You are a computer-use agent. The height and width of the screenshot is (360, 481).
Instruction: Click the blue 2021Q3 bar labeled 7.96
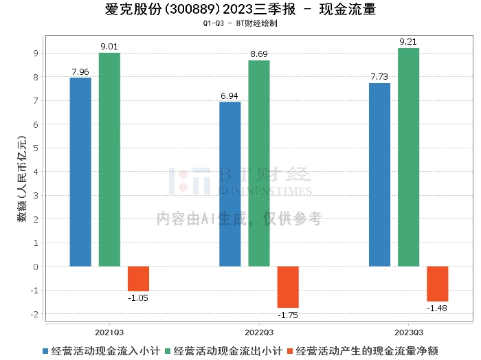80,172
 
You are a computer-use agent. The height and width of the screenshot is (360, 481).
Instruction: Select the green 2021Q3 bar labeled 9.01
109,159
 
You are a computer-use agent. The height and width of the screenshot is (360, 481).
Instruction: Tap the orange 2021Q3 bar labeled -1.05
138,278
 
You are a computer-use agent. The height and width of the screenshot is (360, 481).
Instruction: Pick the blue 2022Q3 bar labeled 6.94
230,184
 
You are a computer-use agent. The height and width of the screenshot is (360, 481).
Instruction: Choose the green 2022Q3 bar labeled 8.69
259,164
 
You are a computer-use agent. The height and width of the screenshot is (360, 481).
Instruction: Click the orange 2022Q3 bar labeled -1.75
288,286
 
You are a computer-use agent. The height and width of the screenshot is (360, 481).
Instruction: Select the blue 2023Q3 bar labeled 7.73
379,175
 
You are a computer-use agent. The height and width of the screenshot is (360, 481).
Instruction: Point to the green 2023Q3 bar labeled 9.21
408,157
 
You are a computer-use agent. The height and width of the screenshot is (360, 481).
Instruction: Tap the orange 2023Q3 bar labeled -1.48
437,284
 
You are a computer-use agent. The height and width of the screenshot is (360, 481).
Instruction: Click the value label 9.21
408,42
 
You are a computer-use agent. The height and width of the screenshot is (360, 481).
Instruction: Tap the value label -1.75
288,315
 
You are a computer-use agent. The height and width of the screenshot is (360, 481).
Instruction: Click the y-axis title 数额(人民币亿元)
22,181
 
